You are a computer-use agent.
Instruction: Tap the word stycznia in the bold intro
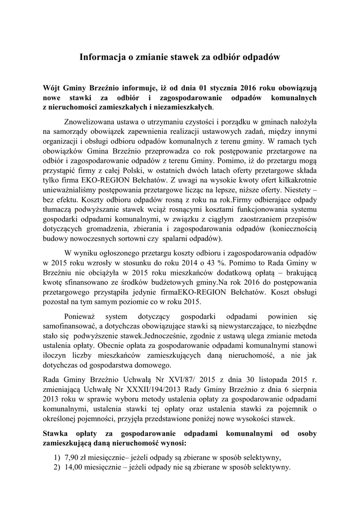[215, 86]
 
